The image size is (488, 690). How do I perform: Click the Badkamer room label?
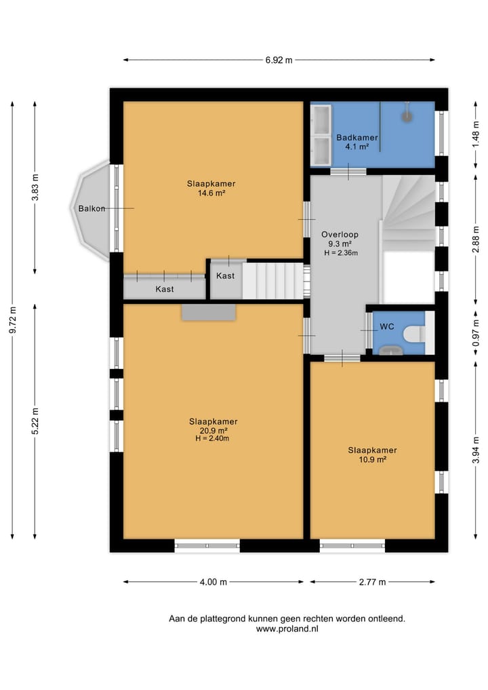(357, 138)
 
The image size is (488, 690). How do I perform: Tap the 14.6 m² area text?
(211, 193)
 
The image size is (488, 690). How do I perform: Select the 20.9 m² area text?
(213, 430)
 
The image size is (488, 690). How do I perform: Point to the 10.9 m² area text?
(372, 459)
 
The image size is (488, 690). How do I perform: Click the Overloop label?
(340, 235)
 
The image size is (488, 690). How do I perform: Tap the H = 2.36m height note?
(341, 253)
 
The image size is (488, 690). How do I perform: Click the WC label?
(387, 326)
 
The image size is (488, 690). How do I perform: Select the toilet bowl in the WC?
(414, 334)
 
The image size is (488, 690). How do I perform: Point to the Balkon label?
(92, 208)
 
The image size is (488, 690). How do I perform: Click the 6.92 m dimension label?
(279, 60)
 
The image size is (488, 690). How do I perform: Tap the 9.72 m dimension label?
(14, 320)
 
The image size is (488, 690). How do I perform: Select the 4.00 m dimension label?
(213, 582)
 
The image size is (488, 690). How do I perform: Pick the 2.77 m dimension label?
(372, 582)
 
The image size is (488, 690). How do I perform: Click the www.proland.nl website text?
(287, 629)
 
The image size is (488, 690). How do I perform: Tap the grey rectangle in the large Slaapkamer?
(209, 312)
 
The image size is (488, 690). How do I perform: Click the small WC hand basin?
(391, 350)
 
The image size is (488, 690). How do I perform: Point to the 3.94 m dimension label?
(476, 451)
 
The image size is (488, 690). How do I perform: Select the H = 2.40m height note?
(212, 439)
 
